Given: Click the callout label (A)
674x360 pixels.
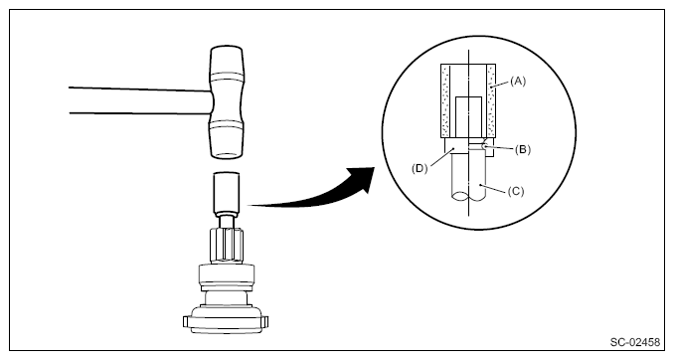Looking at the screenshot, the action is pyautogui.click(x=518, y=81).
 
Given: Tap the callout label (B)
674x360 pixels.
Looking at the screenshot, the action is pyautogui.click(x=523, y=149).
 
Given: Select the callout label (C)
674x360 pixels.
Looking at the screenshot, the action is pyautogui.click(x=516, y=191).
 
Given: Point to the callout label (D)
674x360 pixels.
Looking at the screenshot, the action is pyautogui.click(x=420, y=168).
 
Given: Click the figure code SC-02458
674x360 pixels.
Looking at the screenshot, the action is pyautogui.click(x=635, y=342).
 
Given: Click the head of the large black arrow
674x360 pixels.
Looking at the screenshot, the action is pyautogui.click(x=363, y=180).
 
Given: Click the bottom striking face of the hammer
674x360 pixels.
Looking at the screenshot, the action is pyautogui.click(x=226, y=155).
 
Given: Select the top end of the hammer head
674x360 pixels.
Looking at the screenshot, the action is pyautogui.click(x=227, y=48).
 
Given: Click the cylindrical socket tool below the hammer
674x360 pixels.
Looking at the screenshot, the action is pyautogui.click(x=227, y=192).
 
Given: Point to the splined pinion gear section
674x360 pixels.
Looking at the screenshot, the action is pyautogui.click(x=227, y=245).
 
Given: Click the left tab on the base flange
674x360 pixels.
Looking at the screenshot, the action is pyautogui.click(x=186, y=321).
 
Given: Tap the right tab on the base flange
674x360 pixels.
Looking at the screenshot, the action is pyautogui.click(x=265, y=321).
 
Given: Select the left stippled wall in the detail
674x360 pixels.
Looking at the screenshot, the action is pyautogui.click(x=445, y=100).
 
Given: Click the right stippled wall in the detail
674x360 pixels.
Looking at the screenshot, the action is pyautogui.click(x=491, y=100).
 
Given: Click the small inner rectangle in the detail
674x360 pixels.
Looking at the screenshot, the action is pyautogui.click(x=468, y=117).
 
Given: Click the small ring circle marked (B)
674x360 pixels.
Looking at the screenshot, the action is pyautogui.click(x=485, y=145).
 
